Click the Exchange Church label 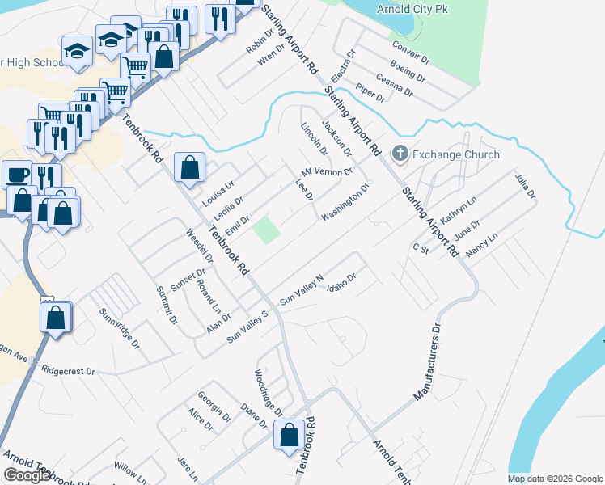[x=456, y=154]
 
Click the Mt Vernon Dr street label [x=328, y=173]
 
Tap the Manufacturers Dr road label [x=429, y=363]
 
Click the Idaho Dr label [x=341, y=284]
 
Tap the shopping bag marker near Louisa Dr [x=189, y=168]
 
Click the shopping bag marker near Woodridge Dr [x=290, y=436]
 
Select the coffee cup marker [x=16, y=174]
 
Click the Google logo [x=27, y=475]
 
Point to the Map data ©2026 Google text [x=556, y=479]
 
